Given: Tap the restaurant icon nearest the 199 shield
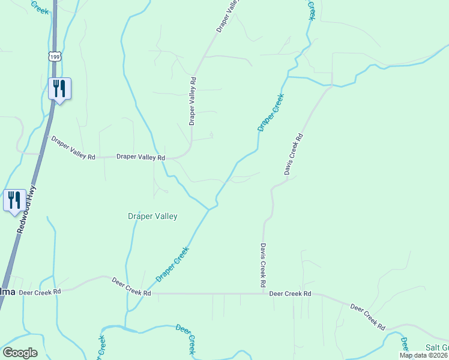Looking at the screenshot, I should point(59,89).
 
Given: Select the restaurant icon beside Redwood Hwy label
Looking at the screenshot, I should point(14,200).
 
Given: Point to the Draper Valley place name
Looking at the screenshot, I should point(152,216).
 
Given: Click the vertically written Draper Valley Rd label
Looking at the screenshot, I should point(193,100).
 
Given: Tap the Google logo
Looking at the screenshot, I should point(20,352).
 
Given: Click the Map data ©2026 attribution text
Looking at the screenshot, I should point(424,355).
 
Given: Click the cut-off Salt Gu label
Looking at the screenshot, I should point(437,348).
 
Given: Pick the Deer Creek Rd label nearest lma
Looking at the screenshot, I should point(40,292).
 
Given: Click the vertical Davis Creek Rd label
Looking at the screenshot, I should point(263,265).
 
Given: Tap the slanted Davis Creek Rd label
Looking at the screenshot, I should point(294,154).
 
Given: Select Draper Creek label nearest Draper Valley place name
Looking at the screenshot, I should point(172,265).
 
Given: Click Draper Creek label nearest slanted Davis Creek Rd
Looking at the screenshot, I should point(270,112).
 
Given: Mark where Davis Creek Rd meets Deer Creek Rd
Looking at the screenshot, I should point(263,294).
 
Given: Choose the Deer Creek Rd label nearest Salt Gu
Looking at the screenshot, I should point(367,316).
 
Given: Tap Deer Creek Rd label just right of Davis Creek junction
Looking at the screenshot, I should point(290,294).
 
